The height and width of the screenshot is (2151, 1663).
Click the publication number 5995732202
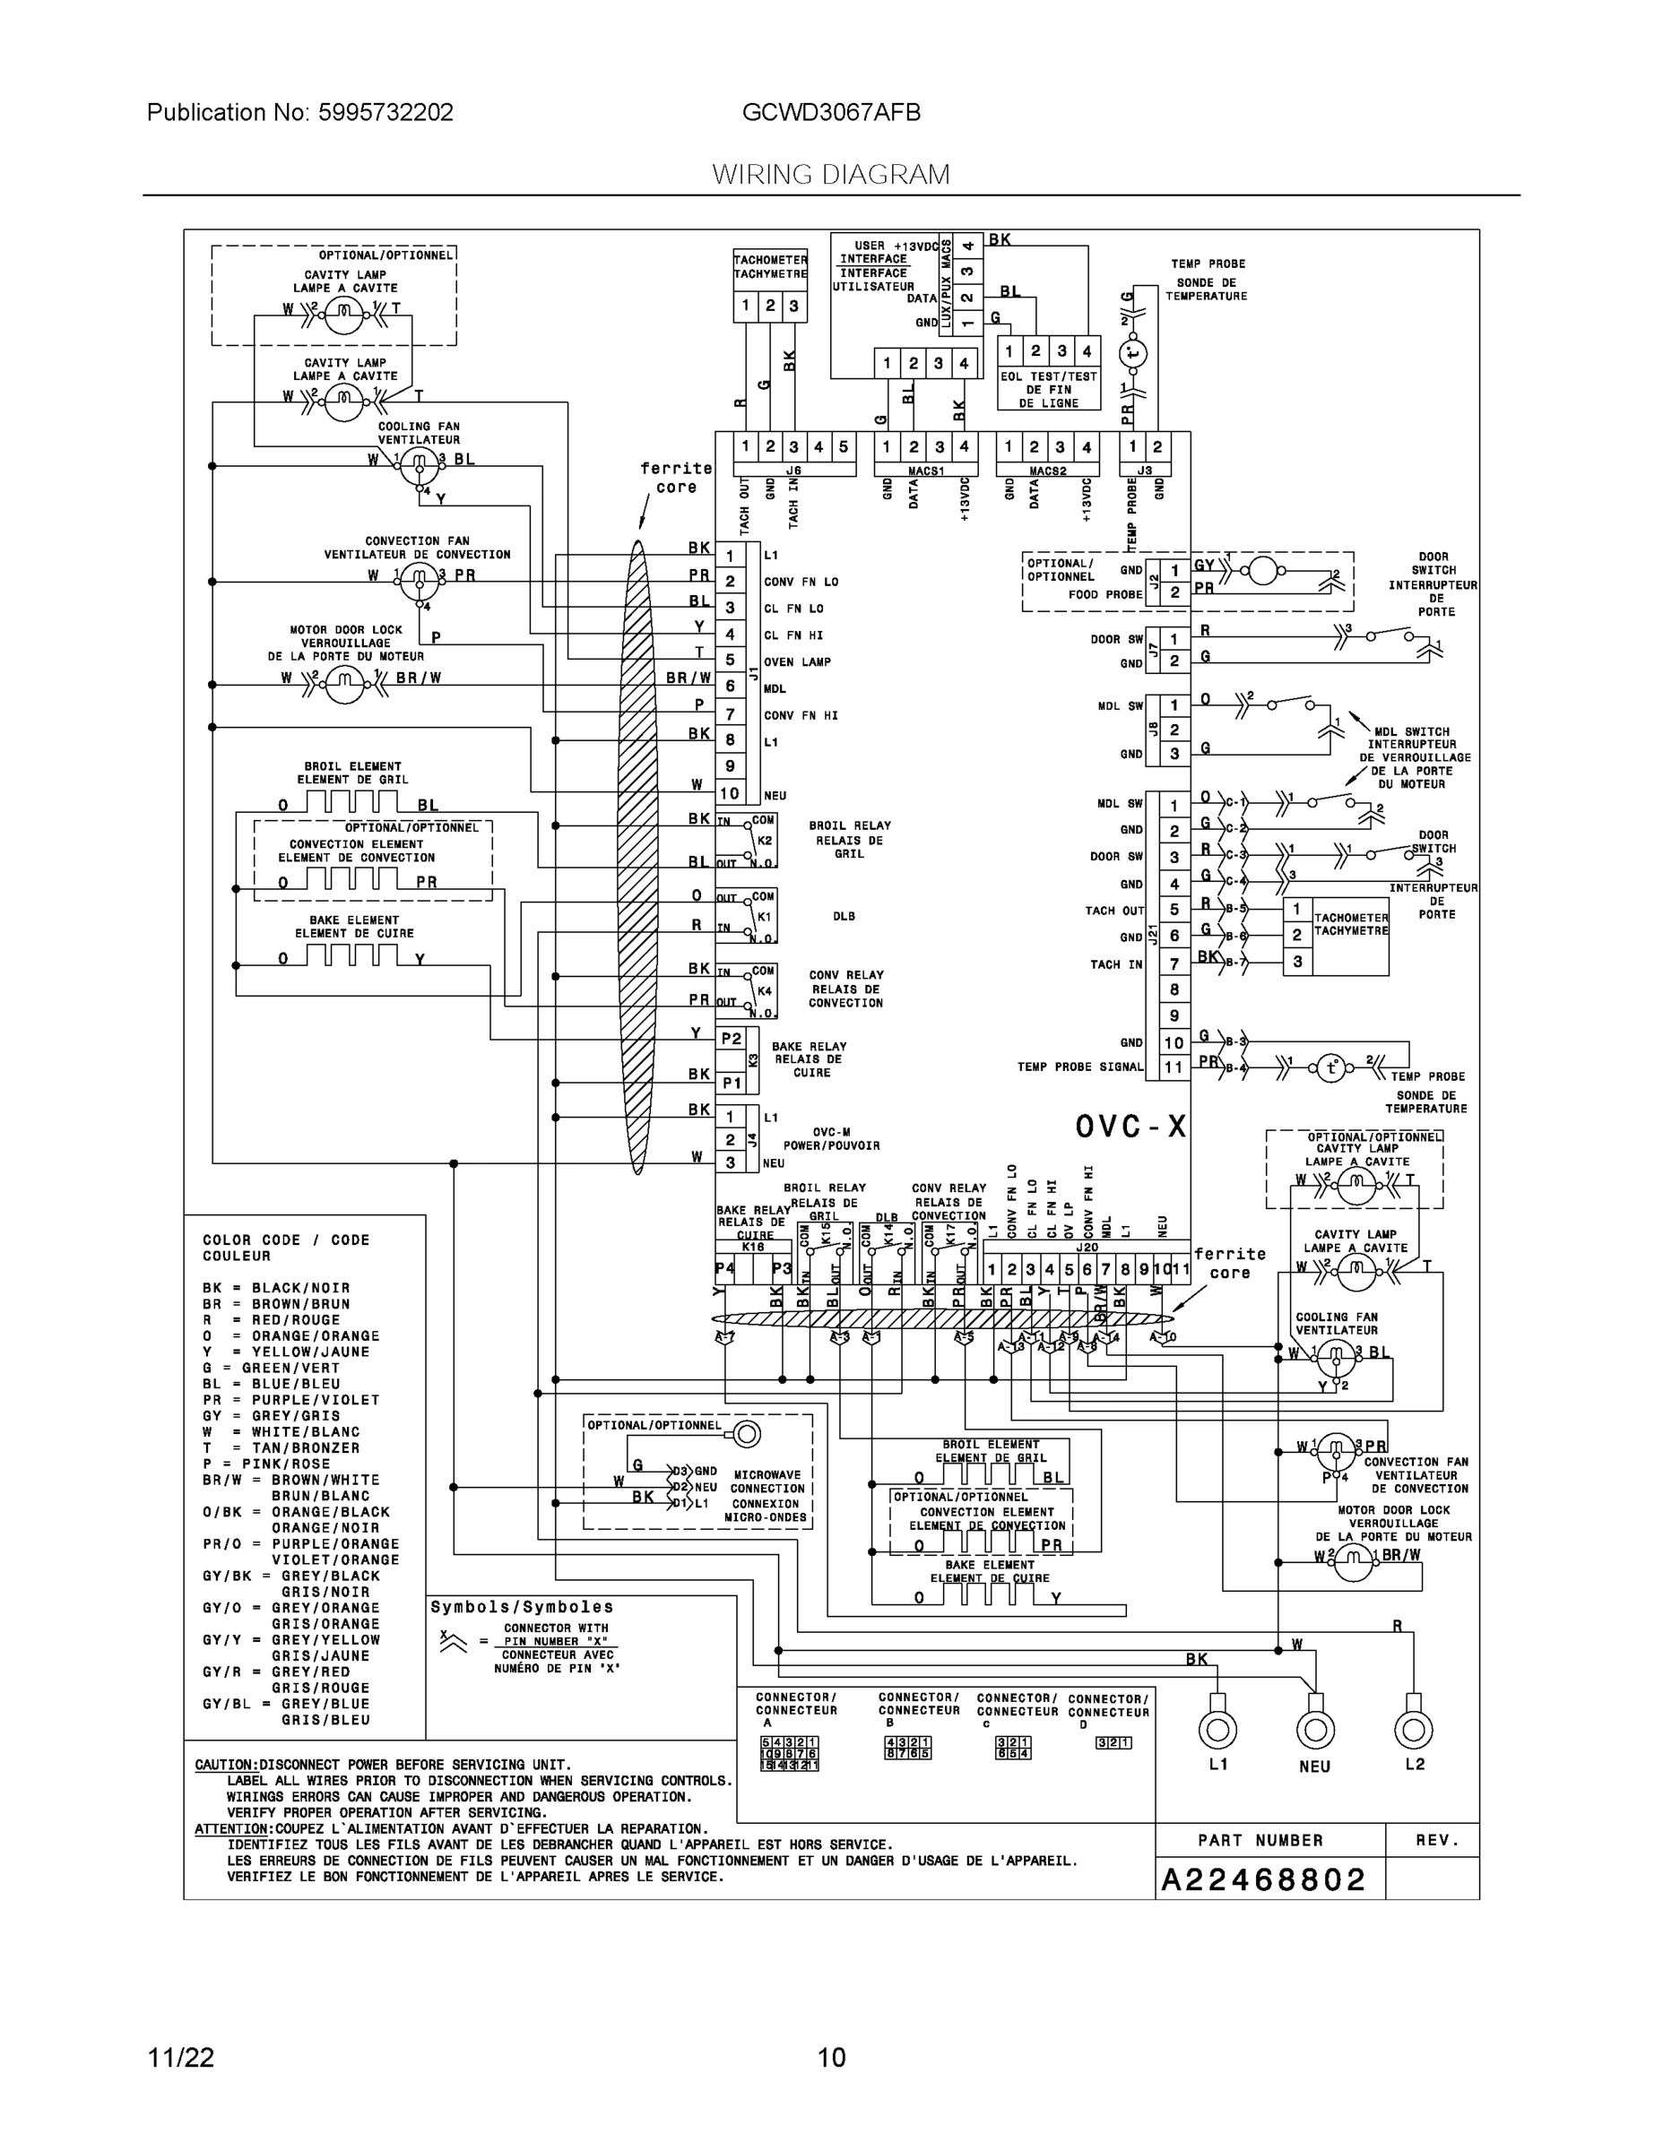click(x=385, y=112)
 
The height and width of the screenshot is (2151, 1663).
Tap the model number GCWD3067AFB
click(x=830, y=112)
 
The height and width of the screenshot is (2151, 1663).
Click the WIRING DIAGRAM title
click(x=830, y=175)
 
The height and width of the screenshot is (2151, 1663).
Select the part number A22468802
click(x=1263, y=1879)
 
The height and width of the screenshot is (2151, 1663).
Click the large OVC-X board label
click(x=1130, y=1127)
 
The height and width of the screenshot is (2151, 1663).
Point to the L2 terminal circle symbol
click(x=1413, y=1730)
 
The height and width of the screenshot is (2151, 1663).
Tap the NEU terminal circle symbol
click(x=1314, y=1730)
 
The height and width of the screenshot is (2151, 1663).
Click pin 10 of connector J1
click(x=729, y=793)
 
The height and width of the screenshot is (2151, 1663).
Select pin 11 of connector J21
click(x=1174, y=1067)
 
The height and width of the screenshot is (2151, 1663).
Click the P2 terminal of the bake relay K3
click(x=731, y=1039)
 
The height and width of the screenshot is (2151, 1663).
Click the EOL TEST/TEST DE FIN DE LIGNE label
click(x=1047, y=390)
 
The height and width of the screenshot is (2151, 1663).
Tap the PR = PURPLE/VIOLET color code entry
click(x=290, y=1400)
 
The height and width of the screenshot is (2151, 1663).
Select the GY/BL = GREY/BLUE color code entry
click(x=287, y=1712)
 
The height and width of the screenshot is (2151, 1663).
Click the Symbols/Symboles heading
click(x=521, y=1606)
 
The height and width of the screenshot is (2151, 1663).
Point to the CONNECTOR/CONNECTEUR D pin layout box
click(x=1113, y=1742)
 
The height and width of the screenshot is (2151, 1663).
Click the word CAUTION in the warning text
click(x=226, y=1765)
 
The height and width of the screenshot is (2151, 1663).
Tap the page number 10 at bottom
click(x=830, y=2057)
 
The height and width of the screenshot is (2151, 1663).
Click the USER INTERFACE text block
click(x=873, y=267)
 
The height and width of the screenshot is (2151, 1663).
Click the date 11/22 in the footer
click(x=180, y=2057)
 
